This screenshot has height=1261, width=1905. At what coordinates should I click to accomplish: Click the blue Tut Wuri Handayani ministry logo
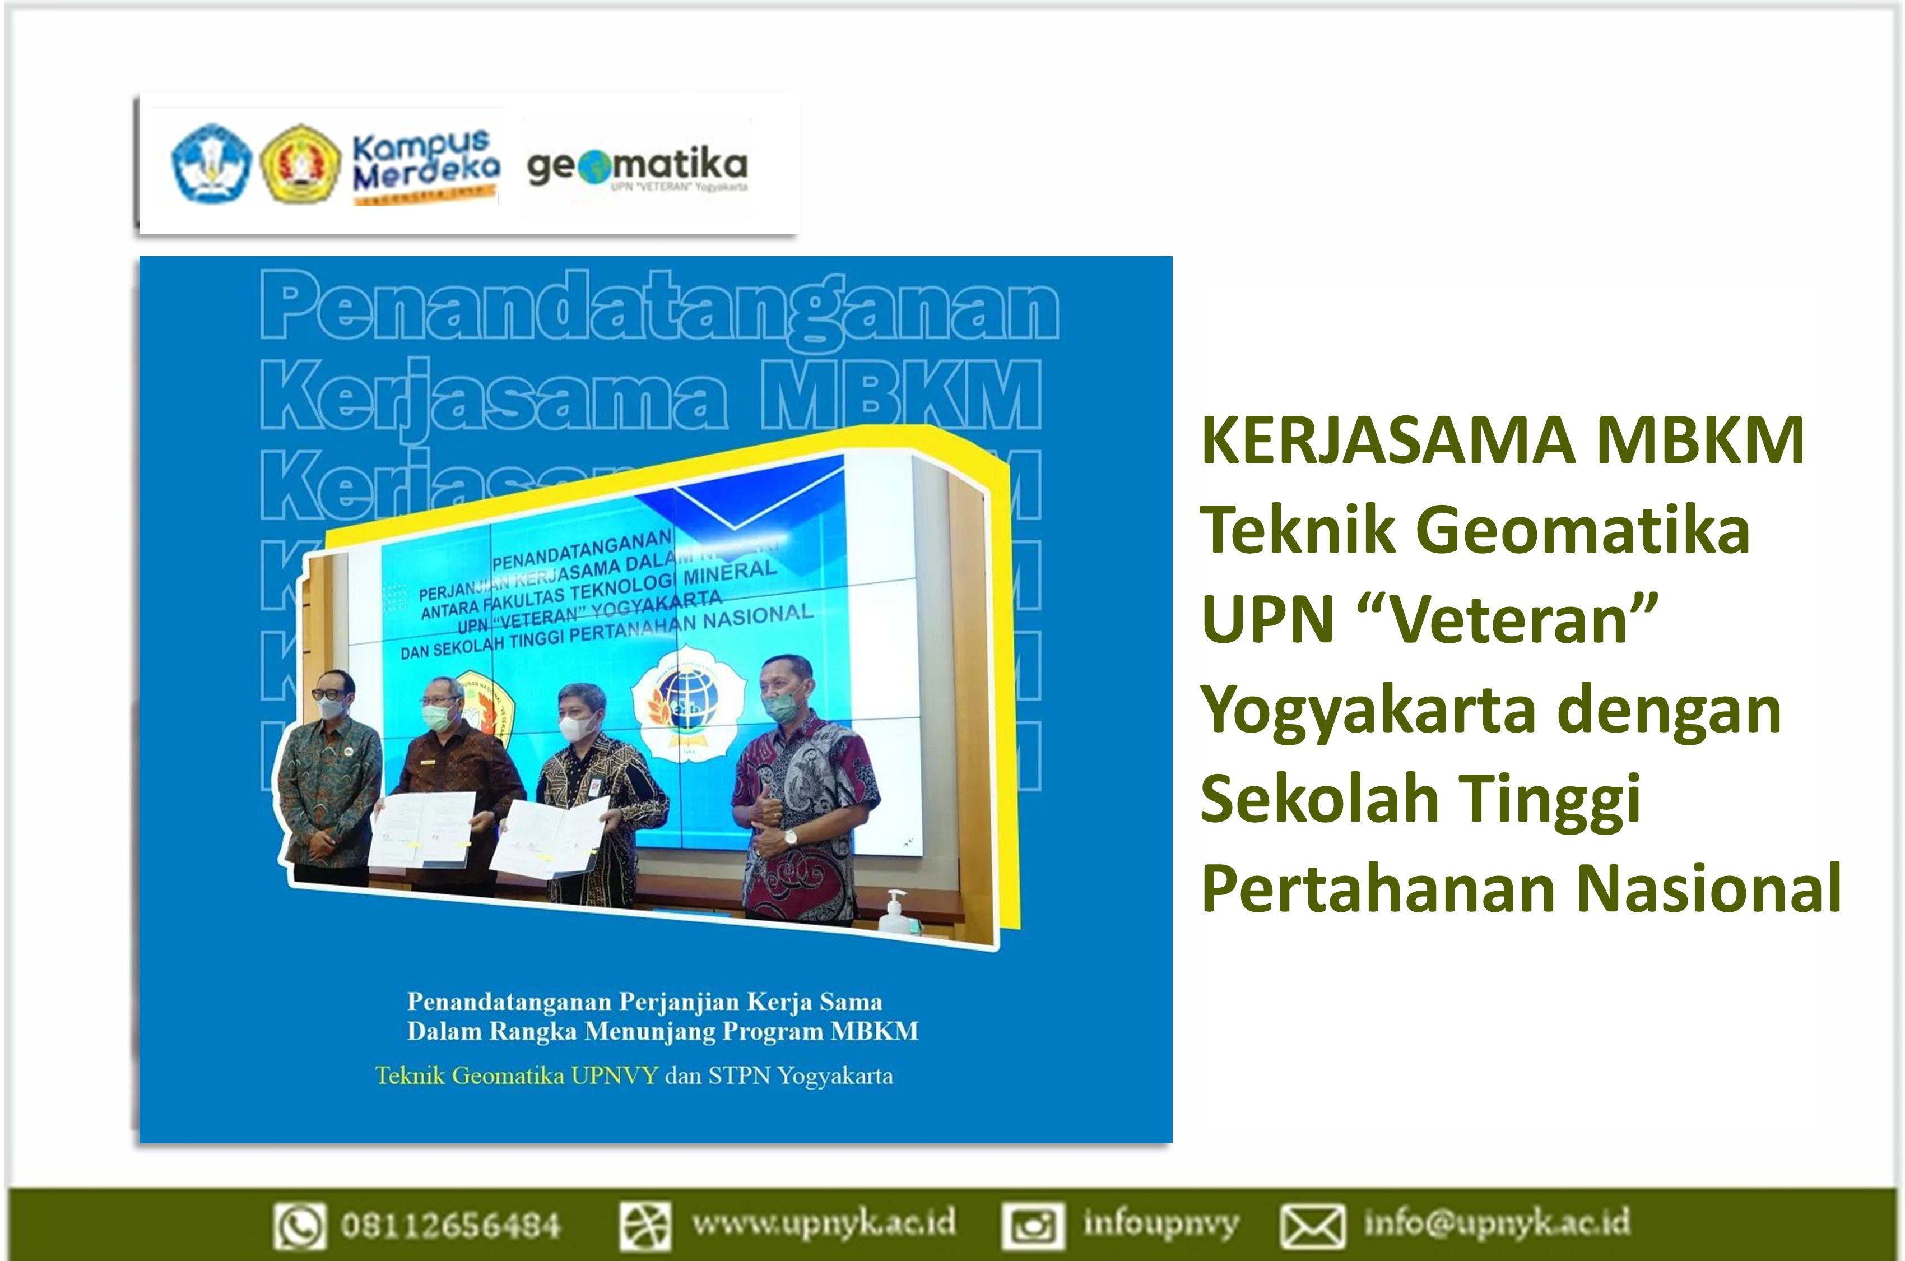(211, 163)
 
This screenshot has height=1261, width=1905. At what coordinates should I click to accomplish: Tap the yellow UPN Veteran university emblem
(301, 163)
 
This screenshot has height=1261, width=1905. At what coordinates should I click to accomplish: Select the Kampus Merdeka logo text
(426, 165)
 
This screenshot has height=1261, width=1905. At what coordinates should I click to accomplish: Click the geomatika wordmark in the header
(636, 166)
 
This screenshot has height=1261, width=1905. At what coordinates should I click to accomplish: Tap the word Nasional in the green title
(1709, 889)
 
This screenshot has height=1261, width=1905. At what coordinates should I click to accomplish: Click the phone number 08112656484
(450, 1225)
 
